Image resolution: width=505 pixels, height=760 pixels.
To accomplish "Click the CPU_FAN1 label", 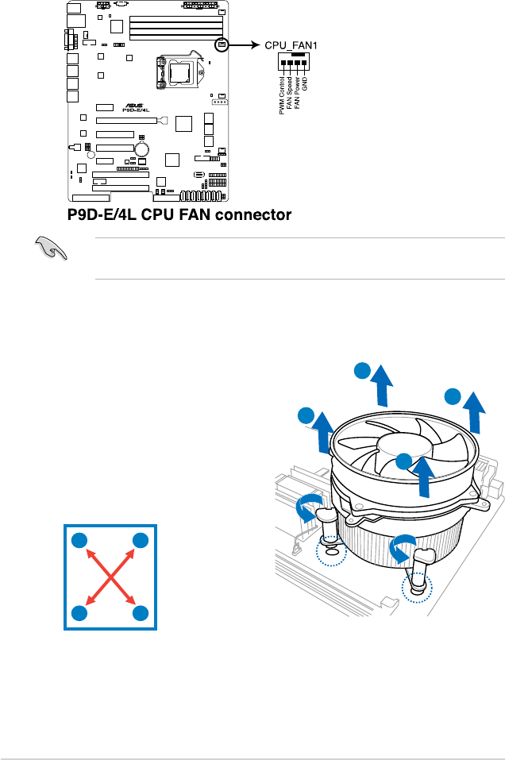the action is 291,46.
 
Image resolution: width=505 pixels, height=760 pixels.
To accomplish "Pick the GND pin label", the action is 305,84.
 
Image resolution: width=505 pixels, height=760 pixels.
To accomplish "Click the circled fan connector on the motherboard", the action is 222,45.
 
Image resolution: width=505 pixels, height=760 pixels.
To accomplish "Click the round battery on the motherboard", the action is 143,149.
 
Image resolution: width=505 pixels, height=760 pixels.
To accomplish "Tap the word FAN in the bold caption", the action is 184,214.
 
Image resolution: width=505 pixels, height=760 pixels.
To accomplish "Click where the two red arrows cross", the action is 111,577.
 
